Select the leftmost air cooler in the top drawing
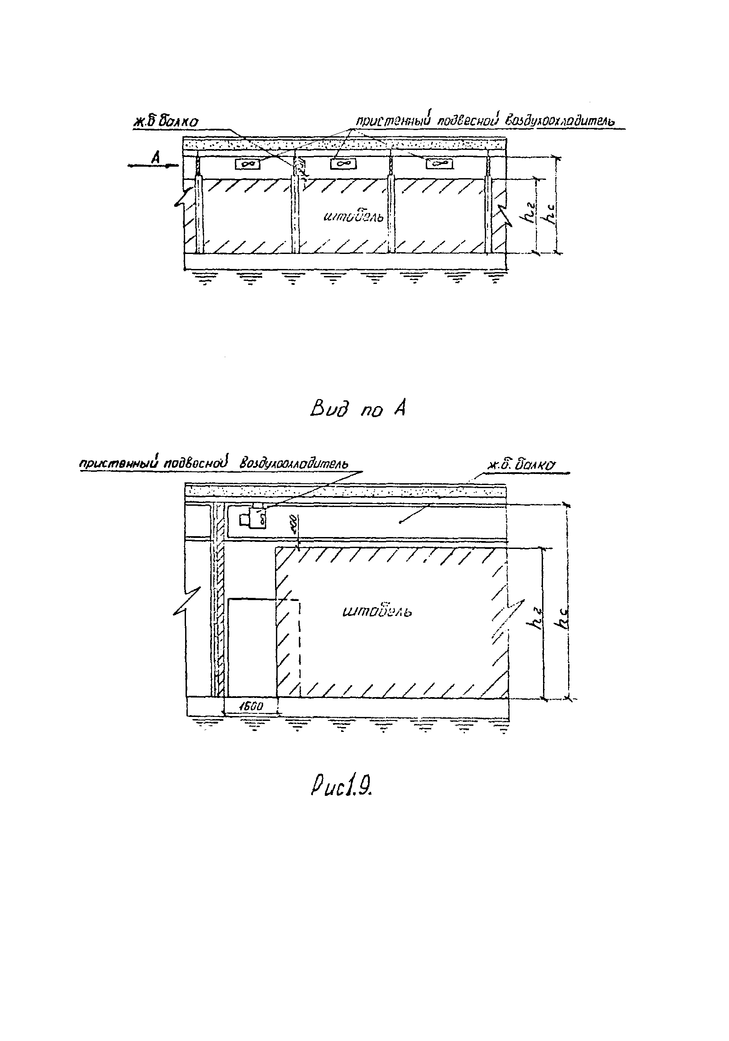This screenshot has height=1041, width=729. point(248,164)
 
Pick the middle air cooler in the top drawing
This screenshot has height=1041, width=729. point(343,164)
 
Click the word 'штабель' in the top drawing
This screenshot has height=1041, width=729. point(353,218)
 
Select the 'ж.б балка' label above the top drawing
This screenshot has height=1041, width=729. point(165,122)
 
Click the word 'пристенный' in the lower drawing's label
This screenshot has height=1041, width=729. point(119,464)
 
